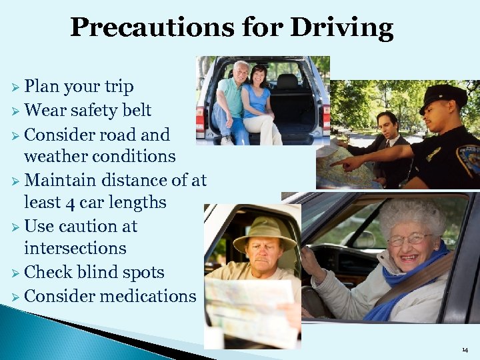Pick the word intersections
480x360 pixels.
[75, 248]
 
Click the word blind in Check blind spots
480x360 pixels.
[101, 272]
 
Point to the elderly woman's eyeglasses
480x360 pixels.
[406, 239]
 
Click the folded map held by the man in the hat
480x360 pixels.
[243, 307]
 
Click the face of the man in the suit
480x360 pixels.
[387, 125]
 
